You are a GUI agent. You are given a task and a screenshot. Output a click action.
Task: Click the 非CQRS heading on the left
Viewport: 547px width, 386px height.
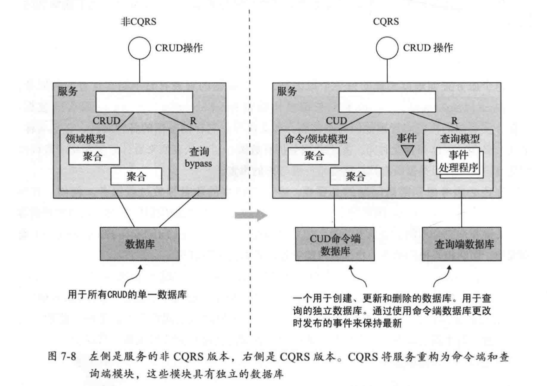[138, 22]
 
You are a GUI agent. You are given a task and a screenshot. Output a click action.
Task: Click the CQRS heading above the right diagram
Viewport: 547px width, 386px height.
[386, 22]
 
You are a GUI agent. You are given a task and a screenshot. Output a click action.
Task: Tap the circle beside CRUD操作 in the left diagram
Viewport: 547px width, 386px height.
[139, 48]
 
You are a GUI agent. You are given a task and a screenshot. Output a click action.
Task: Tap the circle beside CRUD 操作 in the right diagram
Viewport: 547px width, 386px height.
[387, 48]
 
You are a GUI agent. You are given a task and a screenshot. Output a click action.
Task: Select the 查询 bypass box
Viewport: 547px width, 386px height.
[199, 160]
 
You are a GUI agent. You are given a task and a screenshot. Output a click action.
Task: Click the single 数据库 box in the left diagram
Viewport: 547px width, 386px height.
[140, 244]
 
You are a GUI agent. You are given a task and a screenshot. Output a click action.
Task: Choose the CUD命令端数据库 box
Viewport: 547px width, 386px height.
[335, 244]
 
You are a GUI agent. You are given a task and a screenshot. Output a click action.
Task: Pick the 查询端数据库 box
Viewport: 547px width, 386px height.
[461, 244]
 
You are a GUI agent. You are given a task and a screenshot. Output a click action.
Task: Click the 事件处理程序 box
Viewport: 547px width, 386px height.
[458, 161]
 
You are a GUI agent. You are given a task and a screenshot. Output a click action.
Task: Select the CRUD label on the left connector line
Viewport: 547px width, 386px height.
[106, 121]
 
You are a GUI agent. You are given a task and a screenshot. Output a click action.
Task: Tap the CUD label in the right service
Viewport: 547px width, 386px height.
[336, 121]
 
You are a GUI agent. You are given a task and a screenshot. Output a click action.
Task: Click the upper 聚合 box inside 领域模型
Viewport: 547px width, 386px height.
[94, 156]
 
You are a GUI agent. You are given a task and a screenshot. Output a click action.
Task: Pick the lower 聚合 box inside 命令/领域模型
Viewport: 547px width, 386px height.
[356, 177]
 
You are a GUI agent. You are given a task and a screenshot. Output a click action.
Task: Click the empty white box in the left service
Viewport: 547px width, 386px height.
[144, 102]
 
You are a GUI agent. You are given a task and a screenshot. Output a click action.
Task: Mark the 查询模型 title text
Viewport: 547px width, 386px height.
[459, 138]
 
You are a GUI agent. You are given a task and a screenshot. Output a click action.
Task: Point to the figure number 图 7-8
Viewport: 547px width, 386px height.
[62, 356]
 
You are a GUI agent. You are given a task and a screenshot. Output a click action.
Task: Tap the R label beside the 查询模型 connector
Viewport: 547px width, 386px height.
[454, 121]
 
